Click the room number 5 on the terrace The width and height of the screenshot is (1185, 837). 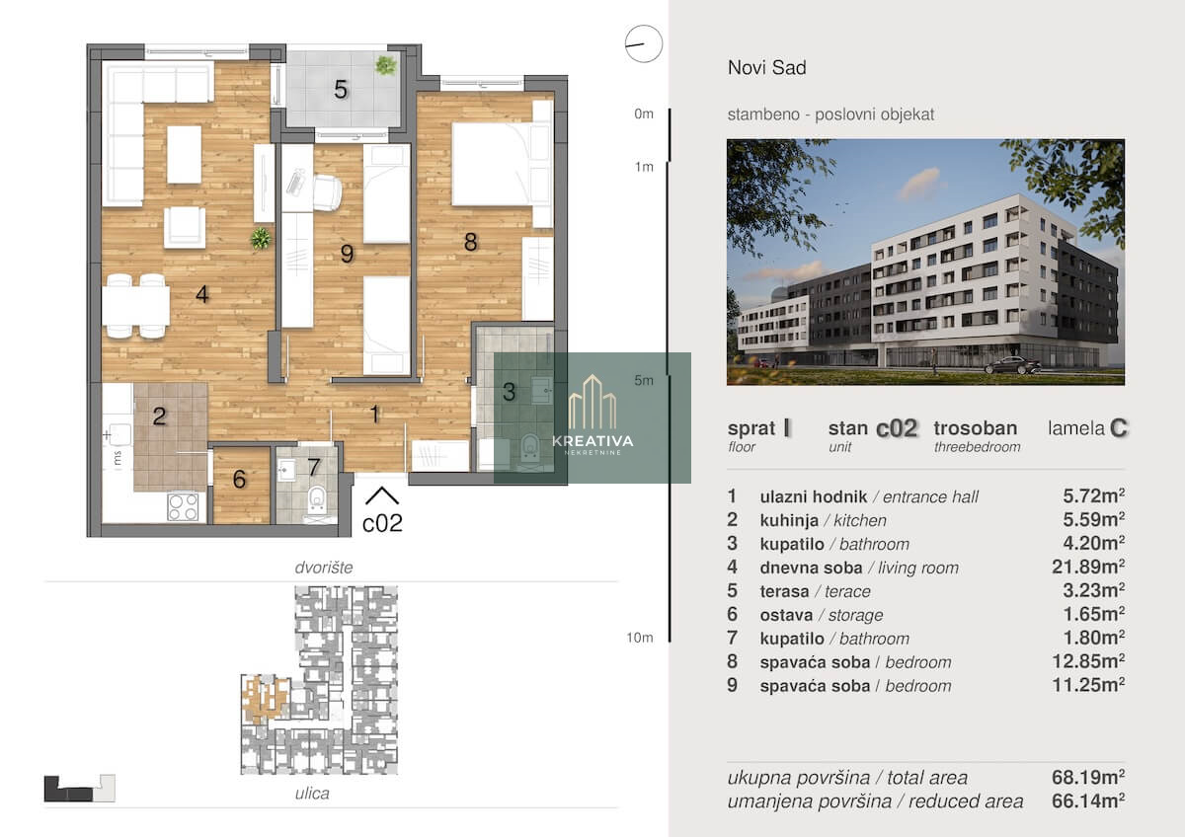(341, 90)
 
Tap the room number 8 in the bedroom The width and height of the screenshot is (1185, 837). (470, 242)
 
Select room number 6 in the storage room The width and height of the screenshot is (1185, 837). (239, 479)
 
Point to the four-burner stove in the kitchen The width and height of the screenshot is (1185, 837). (183, 506)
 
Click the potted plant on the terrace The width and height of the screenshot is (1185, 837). (386, 65)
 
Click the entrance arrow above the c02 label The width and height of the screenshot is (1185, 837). (382, 495)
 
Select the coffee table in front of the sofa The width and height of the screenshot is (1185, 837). (184, 154)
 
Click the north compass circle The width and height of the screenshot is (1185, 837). (643, 43)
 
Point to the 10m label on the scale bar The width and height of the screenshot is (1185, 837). (640, 638)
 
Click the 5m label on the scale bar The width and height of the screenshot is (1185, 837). (644, 380)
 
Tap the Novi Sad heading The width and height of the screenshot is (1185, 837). (767, 68)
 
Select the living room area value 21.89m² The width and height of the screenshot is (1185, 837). (1088, 567)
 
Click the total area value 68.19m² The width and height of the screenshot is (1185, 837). (1088, 777)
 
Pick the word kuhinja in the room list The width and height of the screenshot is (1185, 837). (789, 521)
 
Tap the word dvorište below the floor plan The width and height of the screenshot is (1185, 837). (324, 568)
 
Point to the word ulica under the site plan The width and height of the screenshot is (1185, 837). (312, 794)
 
